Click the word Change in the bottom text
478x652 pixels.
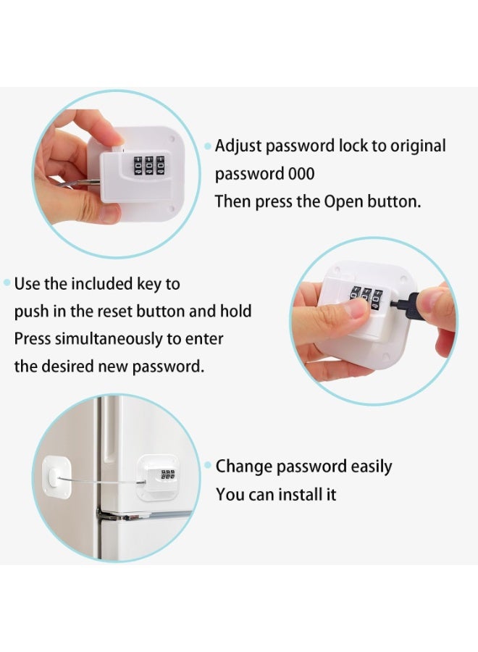(x=244, y=467)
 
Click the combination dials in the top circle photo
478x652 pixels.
(x=148, y=165)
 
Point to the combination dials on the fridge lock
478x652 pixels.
(x=167, y=475)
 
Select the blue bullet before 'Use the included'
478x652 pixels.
(x=7, y=283)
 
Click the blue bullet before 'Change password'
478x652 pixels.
(x=208, y=465)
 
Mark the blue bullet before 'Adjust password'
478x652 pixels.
(x=208, y=146)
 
